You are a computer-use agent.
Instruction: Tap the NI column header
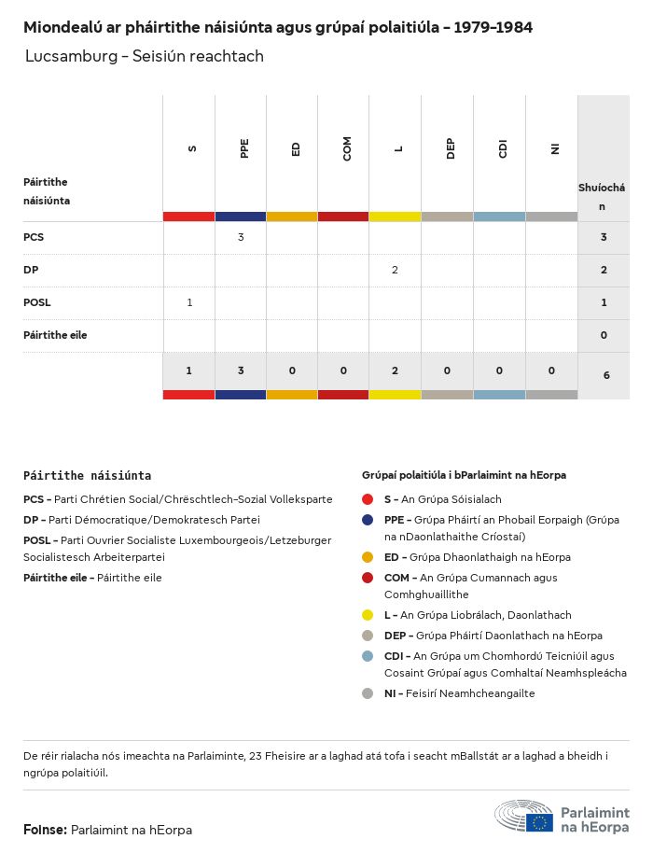pos(554,148)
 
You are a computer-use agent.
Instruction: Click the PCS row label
pos(34,237)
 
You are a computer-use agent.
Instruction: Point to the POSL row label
pos(37,302)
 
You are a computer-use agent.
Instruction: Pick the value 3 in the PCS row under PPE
pos(241,237)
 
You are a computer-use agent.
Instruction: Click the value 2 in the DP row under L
pos(395,270)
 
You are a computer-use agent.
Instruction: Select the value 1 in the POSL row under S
pos(189,302)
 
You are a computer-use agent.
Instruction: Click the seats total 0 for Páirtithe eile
pos(604,335)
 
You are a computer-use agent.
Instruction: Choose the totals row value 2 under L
pos(395,371)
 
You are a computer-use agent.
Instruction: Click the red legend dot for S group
pos(368,499)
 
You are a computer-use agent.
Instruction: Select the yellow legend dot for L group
pos(368,615)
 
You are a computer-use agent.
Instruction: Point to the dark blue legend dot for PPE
pos(368,520)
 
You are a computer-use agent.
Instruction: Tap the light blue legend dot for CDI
pos(368,656)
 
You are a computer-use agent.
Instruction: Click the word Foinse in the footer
pos(45,830)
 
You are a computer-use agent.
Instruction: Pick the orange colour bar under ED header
pos(292,217)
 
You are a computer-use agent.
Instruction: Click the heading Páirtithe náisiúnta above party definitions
pos(87,475)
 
